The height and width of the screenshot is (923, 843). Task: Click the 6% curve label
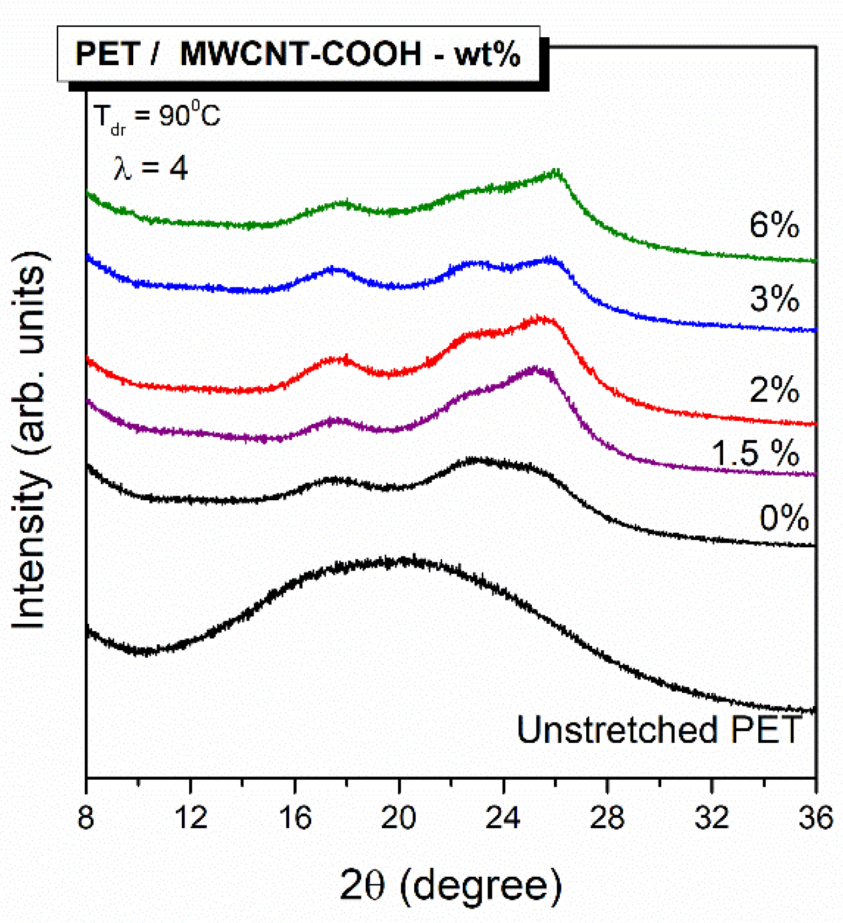(773, 225)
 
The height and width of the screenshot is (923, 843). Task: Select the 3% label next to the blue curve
(773, 298)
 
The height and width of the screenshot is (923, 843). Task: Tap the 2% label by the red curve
(773, 389)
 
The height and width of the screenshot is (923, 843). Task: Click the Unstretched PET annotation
(659, 730)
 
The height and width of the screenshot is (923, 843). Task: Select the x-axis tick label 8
(86, 817)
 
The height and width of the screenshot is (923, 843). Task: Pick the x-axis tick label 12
(191, 817)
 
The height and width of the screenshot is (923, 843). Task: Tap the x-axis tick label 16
(295, 817)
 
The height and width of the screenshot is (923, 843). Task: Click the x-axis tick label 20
(399, 817)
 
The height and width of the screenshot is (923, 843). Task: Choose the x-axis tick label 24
(503, 817)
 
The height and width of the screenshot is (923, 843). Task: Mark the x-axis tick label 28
(607, 817)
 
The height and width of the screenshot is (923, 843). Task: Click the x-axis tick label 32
(711, 817)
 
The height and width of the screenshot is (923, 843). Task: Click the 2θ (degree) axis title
(451, 884)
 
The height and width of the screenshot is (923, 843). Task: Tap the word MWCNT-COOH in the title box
(300, 54)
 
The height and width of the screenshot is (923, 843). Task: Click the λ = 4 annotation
(150, 168)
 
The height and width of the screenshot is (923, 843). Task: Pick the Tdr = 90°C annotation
(156, 116)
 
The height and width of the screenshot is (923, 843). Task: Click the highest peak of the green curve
(557, 173)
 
